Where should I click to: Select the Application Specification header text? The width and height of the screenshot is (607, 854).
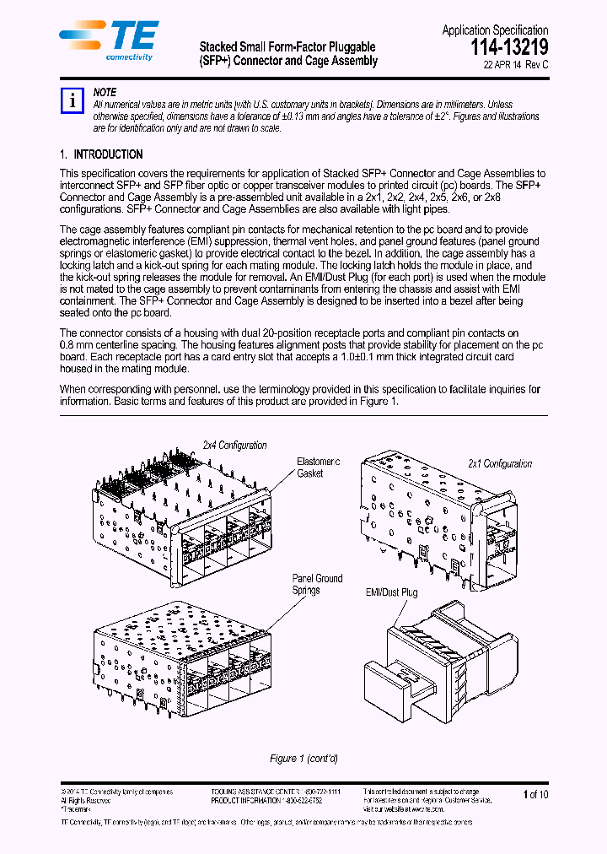click(x=494, y=30)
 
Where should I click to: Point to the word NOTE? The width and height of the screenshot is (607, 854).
click(x=105, y=92)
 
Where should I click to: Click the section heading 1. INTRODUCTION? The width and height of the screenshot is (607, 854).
click(x=101, y=154)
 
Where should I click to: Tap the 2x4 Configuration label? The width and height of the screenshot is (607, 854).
click(x=234, y=445)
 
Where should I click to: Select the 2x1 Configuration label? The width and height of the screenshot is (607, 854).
click(x=500, y=463)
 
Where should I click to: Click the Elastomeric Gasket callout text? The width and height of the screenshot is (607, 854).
click(x=318, y=468)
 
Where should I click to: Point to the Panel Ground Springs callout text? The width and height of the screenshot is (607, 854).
click(x=317, y=584)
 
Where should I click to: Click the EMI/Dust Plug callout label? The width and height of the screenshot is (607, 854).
click(x=390, y=593)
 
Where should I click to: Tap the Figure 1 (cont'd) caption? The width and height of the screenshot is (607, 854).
click(x=303, y=759)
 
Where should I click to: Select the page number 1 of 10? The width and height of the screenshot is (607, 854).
click(x=535, y=794)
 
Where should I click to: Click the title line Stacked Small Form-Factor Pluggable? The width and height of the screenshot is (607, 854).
click(x=287, y=46)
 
